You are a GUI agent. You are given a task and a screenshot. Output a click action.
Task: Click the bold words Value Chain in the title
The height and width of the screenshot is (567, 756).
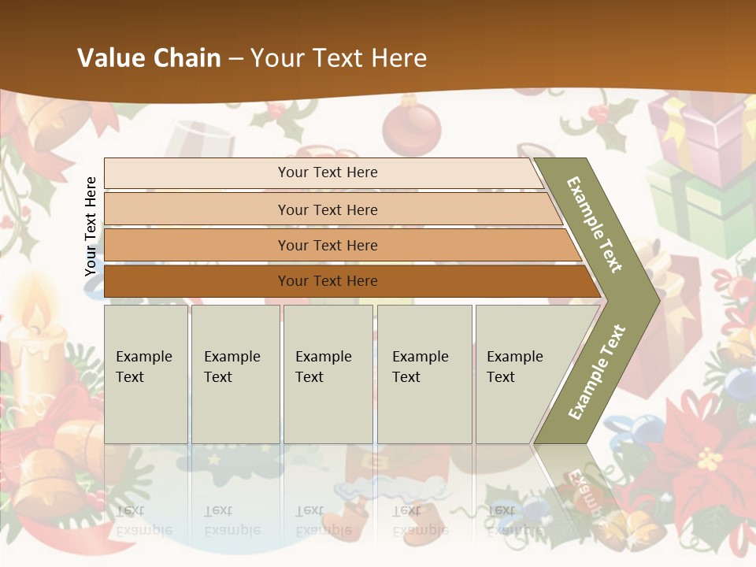point(149,58)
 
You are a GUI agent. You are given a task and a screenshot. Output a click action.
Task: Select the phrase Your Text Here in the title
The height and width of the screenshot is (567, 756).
point(339,58)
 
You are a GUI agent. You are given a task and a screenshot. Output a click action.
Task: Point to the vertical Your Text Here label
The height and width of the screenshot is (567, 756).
point(91,226)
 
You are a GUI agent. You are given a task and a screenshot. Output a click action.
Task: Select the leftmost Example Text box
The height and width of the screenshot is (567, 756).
point(146,374)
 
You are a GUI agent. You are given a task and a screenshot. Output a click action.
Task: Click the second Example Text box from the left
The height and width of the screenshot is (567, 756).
point(235,374)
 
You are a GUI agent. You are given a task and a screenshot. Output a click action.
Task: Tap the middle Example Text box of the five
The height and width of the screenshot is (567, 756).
point(328,374)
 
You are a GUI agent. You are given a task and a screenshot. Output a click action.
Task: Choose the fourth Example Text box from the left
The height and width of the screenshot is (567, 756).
point(424,374)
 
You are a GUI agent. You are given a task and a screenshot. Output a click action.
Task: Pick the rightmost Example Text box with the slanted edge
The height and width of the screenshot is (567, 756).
point(520,374)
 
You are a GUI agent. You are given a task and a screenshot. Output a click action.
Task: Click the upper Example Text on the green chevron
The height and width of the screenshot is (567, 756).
point(595,224)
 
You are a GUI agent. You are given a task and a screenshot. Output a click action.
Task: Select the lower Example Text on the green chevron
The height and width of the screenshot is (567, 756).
point(596,372)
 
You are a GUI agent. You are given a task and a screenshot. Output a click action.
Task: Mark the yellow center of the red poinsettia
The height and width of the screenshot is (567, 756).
point(710,458)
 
